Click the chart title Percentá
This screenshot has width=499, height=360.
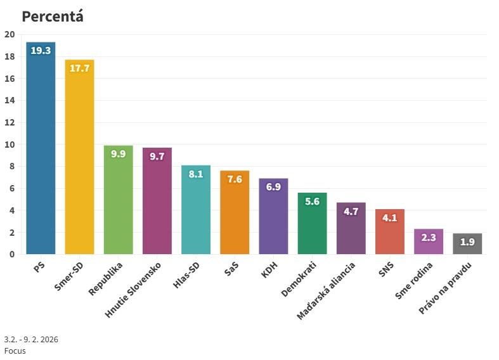[x=53, y=16]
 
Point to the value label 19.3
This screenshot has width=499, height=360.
[x=41, y=51]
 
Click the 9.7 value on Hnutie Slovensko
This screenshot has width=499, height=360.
[x=157, y=156]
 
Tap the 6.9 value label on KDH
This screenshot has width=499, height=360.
[x=273, y=187]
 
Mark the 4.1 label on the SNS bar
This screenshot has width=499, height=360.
[x=389, y=217]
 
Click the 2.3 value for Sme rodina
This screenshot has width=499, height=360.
[x=429, y=238]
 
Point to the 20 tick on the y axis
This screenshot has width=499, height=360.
[x=10, y=35]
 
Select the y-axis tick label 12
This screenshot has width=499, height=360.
[x=10, y=122]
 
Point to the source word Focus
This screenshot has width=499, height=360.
[x=15, y=350]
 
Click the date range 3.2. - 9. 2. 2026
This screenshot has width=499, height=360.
[x=31, y=340]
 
